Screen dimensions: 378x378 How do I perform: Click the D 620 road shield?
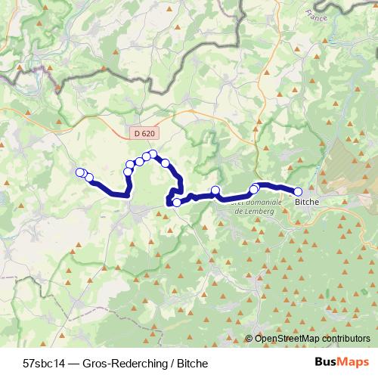pos(143,133)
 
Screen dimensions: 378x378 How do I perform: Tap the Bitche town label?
pos(306,203)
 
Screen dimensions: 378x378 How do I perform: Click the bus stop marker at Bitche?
pos(298,192)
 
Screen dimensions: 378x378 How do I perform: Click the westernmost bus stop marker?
pos(80,172)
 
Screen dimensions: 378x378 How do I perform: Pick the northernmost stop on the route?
pos(153,154)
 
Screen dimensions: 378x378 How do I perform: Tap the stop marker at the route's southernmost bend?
pos(177,202)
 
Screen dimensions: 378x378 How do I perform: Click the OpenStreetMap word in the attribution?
pos(287,338)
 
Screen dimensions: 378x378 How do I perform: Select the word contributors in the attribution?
pos(344,338)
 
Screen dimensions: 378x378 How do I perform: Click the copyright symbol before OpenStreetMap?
pos(249,338)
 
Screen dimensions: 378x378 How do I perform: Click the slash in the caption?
pos(167,362)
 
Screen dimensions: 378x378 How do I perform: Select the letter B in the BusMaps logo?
pos(320,361)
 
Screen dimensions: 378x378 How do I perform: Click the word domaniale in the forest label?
pos(256,203)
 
